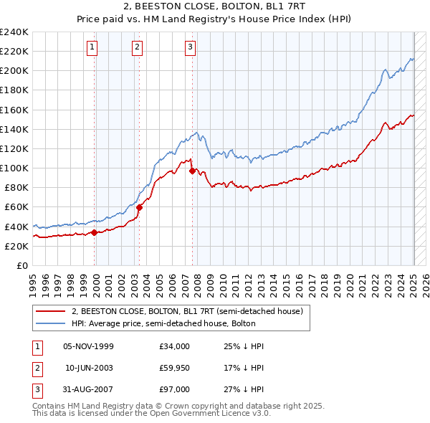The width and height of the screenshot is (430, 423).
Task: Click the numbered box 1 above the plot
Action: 93,48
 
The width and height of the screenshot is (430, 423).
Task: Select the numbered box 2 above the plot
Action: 137,48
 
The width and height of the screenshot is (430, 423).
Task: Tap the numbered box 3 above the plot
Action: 191,48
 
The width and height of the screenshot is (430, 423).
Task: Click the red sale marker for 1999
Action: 95,232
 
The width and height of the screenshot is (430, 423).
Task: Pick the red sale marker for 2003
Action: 140,207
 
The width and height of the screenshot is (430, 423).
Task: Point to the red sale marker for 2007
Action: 193,171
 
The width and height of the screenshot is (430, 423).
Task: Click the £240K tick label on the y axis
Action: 14,32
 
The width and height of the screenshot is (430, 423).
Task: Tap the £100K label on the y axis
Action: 14,168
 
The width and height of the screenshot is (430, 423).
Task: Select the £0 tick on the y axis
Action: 21,265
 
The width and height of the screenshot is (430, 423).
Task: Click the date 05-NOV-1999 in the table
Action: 88,346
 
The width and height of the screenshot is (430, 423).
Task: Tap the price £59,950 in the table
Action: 175,368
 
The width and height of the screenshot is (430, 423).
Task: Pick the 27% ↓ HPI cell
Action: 244,389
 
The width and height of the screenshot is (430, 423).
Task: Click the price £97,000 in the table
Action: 175,389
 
